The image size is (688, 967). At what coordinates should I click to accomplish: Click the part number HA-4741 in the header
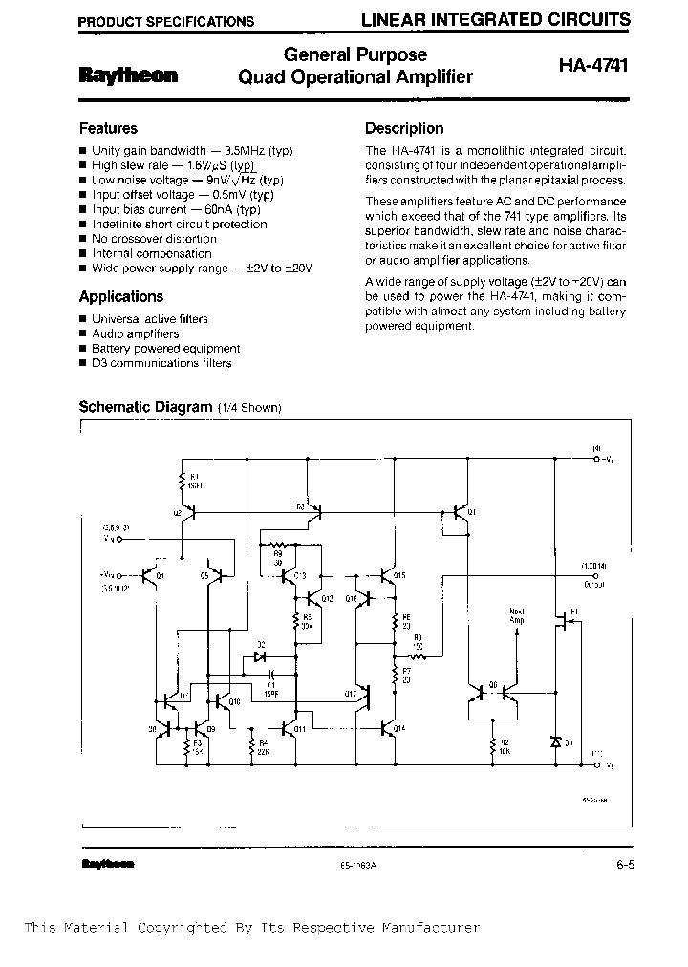coord(593,66)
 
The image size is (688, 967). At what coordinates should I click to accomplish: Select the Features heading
coord(108,128)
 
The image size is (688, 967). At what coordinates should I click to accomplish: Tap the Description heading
coord(404,128)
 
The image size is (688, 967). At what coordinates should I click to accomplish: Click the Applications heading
coord(120,296)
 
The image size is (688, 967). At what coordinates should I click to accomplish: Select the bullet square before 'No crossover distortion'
coord(83,239)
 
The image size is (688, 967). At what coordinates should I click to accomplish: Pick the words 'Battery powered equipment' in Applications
coord(165,349)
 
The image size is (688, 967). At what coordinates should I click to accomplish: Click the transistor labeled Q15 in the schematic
coord(387,575)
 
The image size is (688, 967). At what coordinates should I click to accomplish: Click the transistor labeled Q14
coord(386,728)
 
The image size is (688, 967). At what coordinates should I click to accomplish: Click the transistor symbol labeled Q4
coord(147,575)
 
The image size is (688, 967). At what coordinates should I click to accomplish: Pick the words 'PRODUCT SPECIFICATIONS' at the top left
coord(165,21)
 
